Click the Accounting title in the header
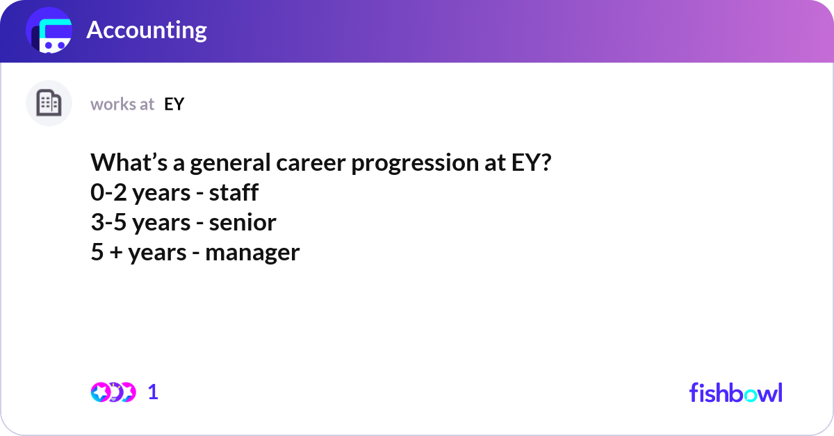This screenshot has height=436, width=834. [x=146, y=31]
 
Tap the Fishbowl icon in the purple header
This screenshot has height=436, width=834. [x=49, y=31]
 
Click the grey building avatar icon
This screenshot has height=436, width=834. [x=49, y=103]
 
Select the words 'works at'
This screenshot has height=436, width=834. [x=122, y=104]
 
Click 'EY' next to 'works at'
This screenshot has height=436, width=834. [x=174, y=104]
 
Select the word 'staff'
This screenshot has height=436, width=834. [x=235, y=192]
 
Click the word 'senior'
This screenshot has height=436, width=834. [x=242, y=222]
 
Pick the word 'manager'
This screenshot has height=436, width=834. [x=252, y=252]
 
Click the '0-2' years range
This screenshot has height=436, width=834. [x=109, y=192]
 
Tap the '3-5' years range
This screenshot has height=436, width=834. [x=109, y=222]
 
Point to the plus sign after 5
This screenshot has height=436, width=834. [x=114, y=252]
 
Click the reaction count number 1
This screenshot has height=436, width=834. [x=154, y=392]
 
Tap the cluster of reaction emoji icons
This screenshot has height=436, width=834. [x=113, y=392]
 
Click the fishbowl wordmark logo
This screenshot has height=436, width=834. [x=735, y=392]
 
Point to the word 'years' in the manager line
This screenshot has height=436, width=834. [x=159, y=253]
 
